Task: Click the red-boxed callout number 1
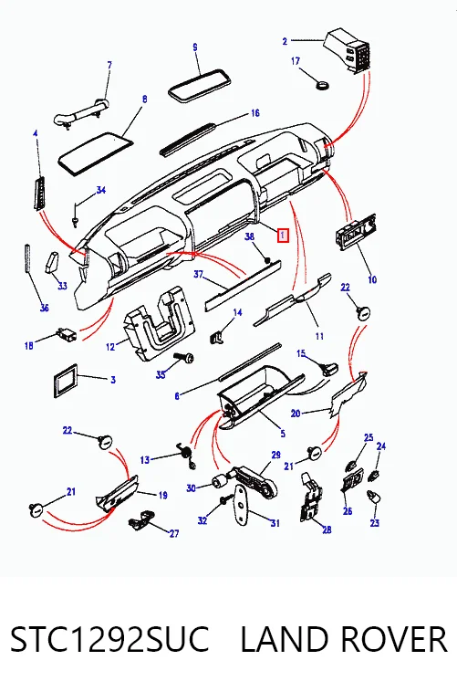click(x=283, y=236)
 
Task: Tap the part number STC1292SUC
click(x=109, y=639)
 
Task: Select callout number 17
click(x=296, y=60)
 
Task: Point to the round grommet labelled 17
click(x=324, y=84)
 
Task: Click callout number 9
click(x=195, y=47)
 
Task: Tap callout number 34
click(x=101, y=190)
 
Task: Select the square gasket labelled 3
click(x=66, y=381)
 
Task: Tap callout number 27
click(x=174, y=533)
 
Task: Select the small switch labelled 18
click(x=67, y=334)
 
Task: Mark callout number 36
click(x=44, y=308)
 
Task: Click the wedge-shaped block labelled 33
click(x=51, y=263)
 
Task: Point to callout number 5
click(x=283, y=434)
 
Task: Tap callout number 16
click(x=255, y=113)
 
